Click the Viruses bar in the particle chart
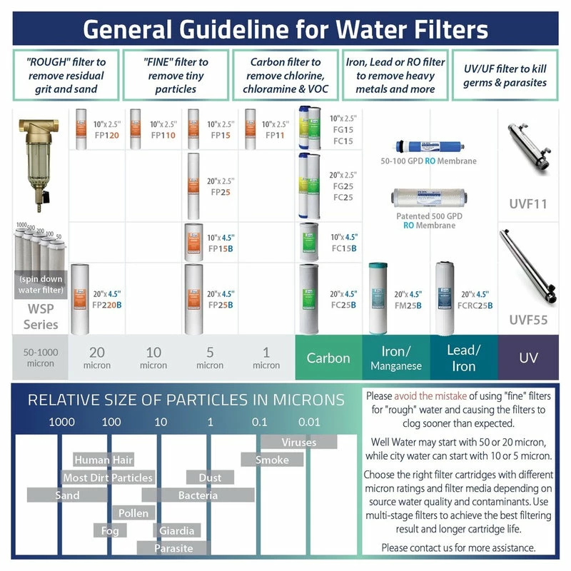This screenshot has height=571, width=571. (x=298, y=443)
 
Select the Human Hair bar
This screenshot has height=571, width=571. (x=103, y=460)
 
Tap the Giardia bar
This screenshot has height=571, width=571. (x=177, y=531)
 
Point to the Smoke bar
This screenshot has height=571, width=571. (x=272, y=460)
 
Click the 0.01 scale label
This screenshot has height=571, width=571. (x=309, y=422)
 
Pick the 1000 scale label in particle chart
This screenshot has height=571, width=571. (x=61, y=422)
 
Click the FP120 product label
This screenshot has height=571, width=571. (x=104, y=135)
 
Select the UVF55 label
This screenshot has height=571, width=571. (x=529, y=320)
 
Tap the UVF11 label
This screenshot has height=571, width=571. (x=529, y=203)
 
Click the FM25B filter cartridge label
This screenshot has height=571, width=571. (x=405, y=300)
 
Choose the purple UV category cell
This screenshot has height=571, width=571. (x=529, y=357)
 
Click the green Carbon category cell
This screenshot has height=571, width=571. (x=328, y=358)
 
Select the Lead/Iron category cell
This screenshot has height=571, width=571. (x=463, y=357)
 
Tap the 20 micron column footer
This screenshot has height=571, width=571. (x=97, y=357)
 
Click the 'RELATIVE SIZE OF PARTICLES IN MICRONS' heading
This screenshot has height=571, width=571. (x=186, y=400)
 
